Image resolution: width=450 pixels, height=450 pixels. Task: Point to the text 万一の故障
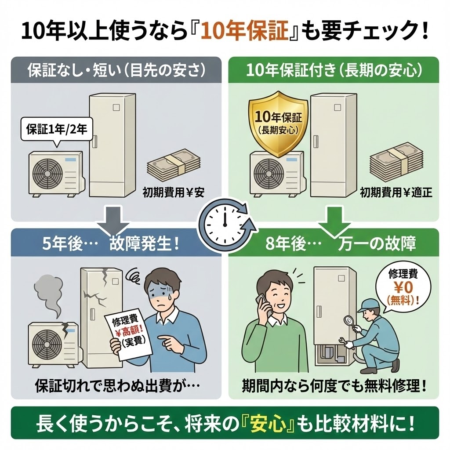(377, 244)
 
